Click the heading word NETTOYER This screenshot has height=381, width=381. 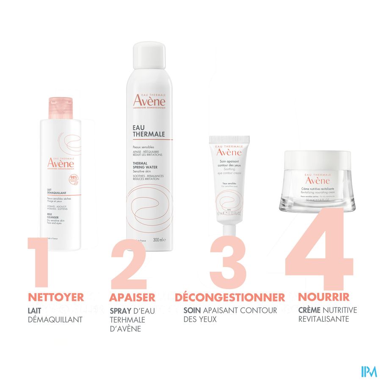click(55, 297)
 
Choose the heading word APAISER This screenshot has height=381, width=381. click(132, 297)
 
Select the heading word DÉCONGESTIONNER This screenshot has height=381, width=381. click(230, 297)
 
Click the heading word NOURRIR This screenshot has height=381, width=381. click(324, 297)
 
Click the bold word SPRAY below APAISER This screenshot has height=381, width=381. click(121, 311)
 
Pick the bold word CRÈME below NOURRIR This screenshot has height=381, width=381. click(309, 310)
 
